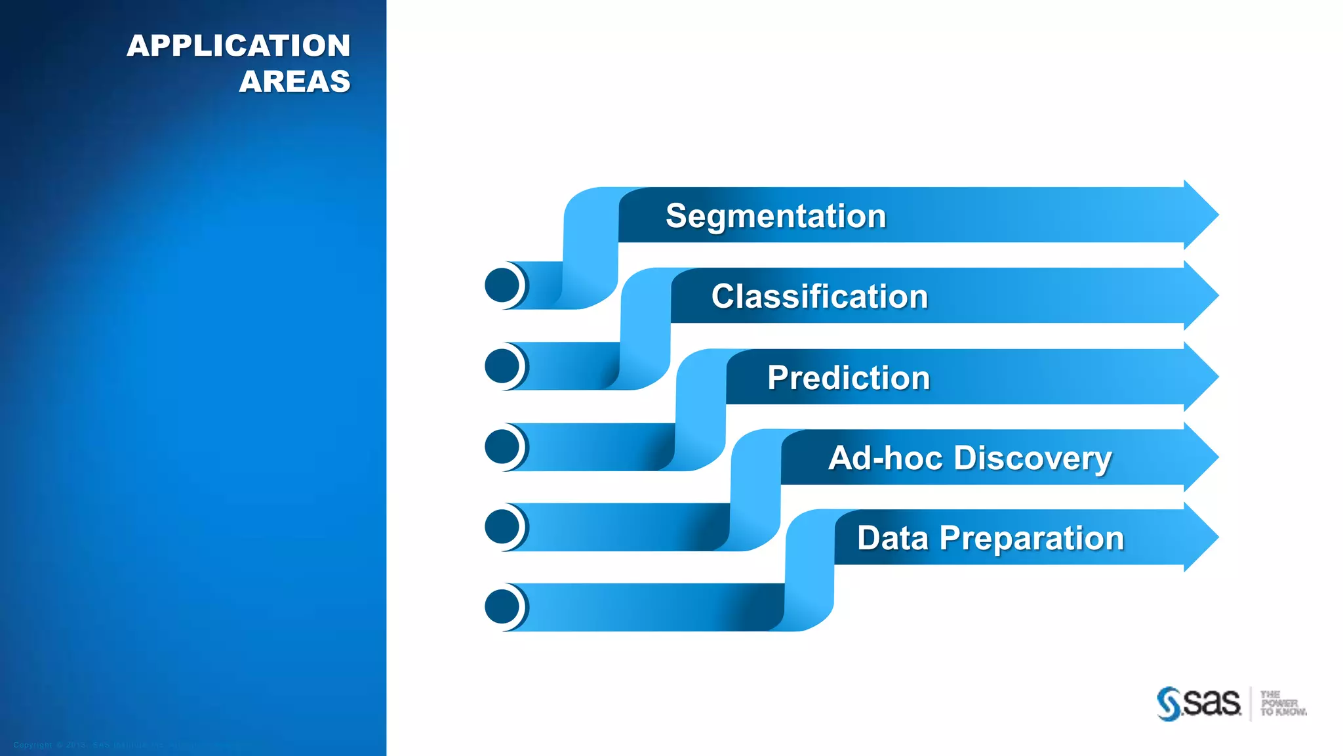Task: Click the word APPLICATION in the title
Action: [x=239, y=46]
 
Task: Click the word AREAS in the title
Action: [x=294, y=81]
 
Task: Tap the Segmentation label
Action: [x=776, y=216]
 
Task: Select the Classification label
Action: [x=820, y=297]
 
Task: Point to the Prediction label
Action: [x=849, y=378]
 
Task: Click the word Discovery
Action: [x=1033, y=458]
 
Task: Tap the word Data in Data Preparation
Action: [x=892, y=538]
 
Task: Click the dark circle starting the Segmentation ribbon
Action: [x=502, y=285]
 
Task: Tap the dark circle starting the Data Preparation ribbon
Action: [x=502, y=606]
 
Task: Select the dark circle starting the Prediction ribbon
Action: [x=502, y=446]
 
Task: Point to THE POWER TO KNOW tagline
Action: [x=1282, y=703]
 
